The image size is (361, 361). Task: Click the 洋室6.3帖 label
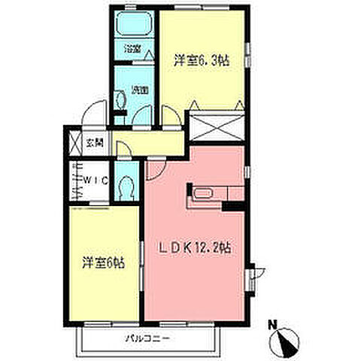point(201,59)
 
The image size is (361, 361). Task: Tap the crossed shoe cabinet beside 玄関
point(75,142)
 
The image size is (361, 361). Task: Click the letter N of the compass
point(273,325)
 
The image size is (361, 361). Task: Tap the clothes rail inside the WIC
point(75,181)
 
